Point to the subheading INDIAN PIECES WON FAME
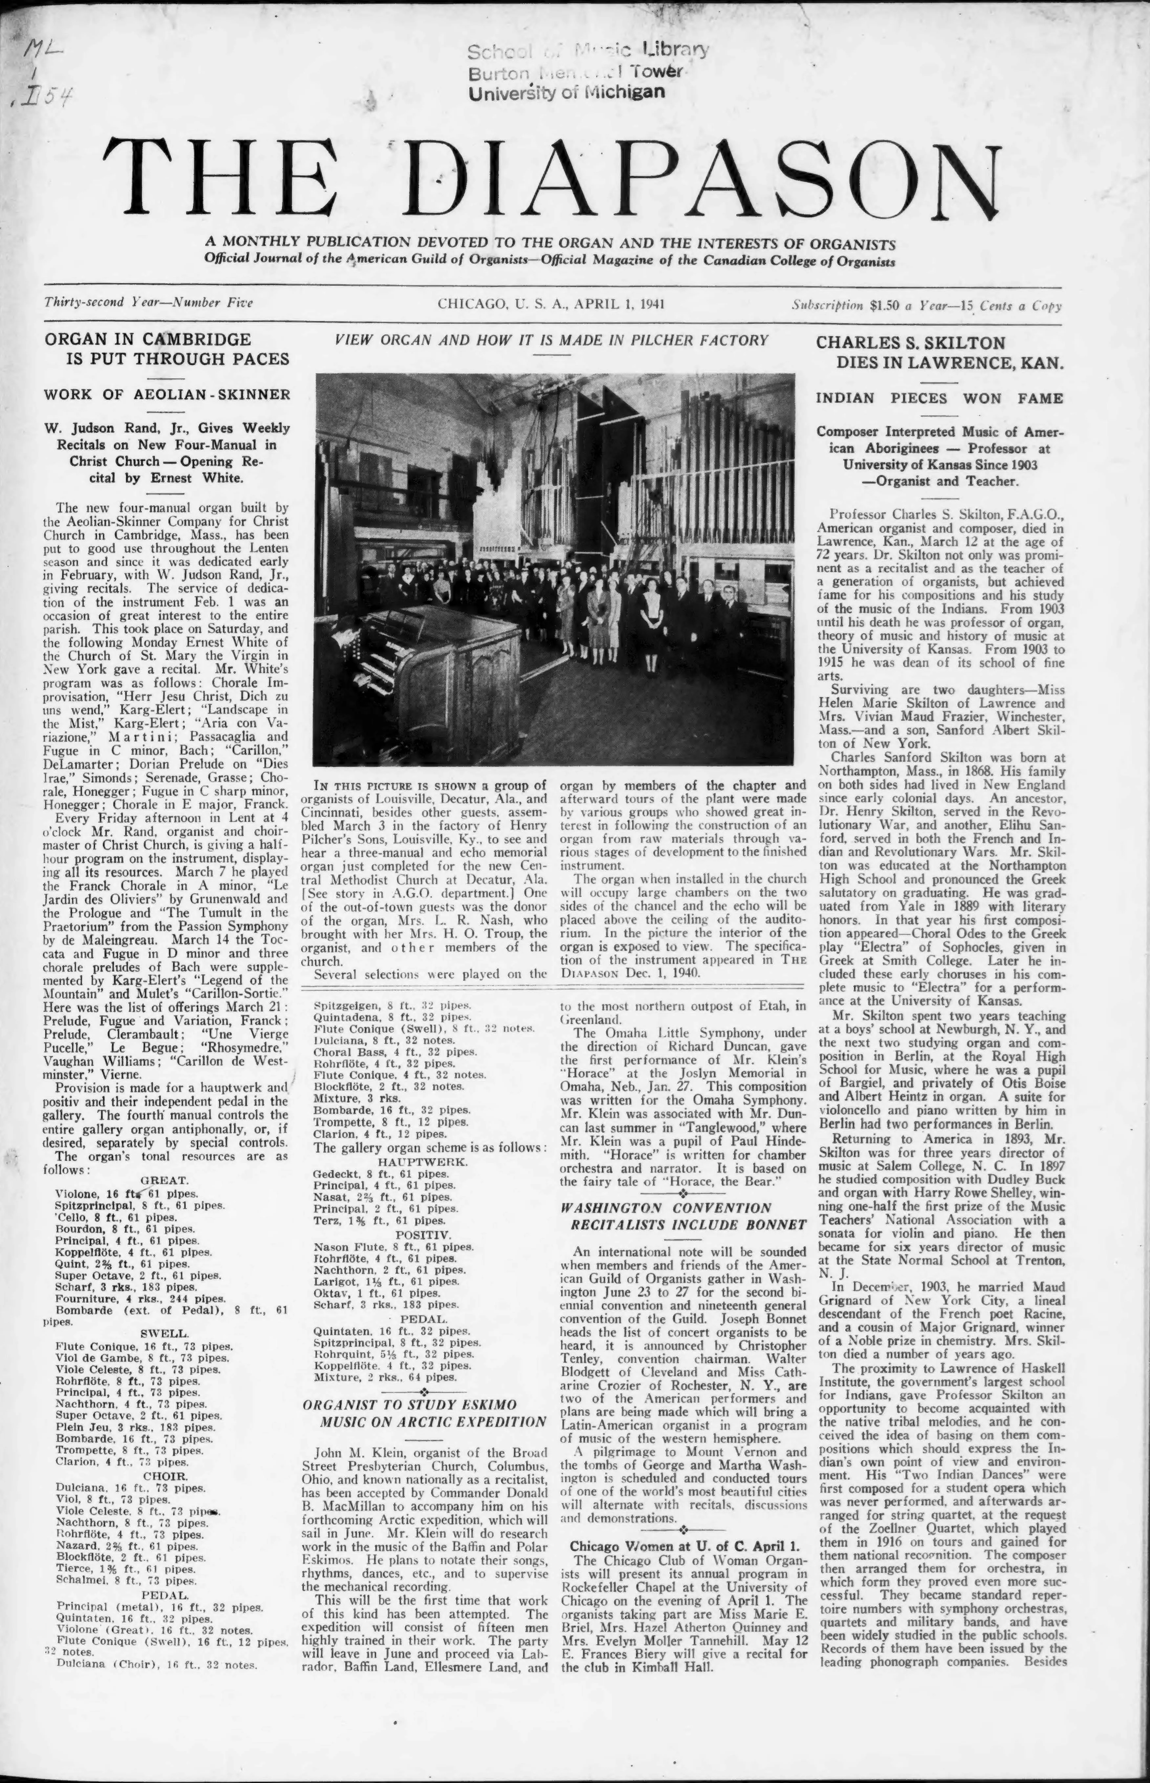click(x=939, y=398)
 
